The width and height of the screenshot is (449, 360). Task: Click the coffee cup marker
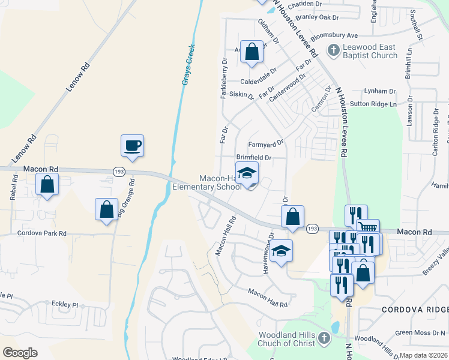(132, 146)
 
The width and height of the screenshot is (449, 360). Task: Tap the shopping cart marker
(368, 229)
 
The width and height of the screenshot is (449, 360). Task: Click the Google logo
(21, 353)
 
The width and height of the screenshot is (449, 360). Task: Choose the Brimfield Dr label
(255, 158)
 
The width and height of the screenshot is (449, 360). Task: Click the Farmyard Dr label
(265, 144)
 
